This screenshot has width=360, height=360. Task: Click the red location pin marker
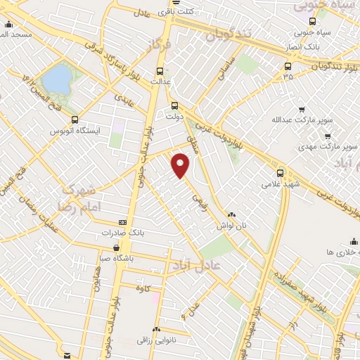tap(181, 165)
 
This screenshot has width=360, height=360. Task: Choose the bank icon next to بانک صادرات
tap(123, 222)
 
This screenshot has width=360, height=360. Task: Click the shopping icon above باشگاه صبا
tap(116, 247)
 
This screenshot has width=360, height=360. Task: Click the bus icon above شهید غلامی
tap(281, 172)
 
